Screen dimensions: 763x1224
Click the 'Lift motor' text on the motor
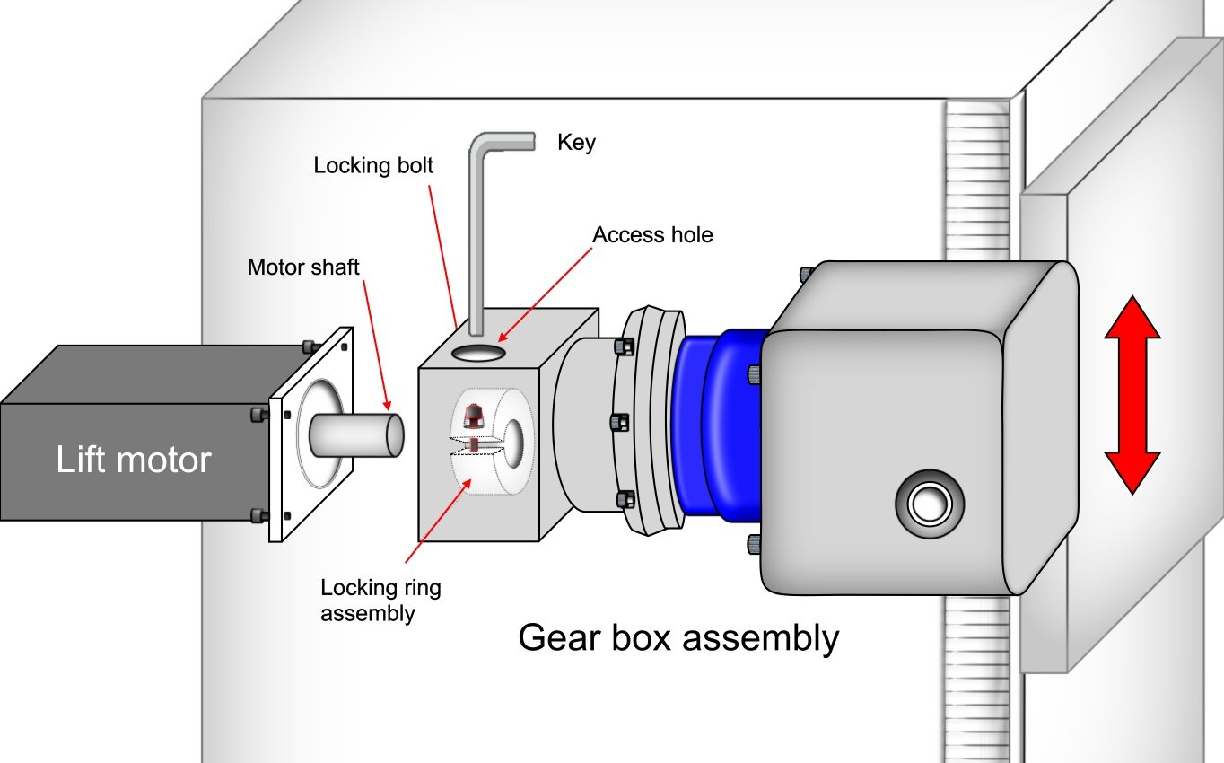pyautogui.click(x=133, y=460)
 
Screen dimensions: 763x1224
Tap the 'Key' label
pyautogui.click(x=576, y=143)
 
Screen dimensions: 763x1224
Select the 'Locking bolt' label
pyautogui.click(x=373, y=166)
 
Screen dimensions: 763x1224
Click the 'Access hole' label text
pyautogui.click(x=652, y=235)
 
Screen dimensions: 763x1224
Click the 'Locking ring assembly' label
pyautogui.click(x=380, y=601)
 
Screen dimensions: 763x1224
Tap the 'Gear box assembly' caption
pyautogui.click(x=678, y=638)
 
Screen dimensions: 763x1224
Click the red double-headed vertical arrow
pyautogui.click(x=1132, y=394)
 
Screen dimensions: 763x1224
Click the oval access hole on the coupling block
pyautogui.click(x=480, y=354)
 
